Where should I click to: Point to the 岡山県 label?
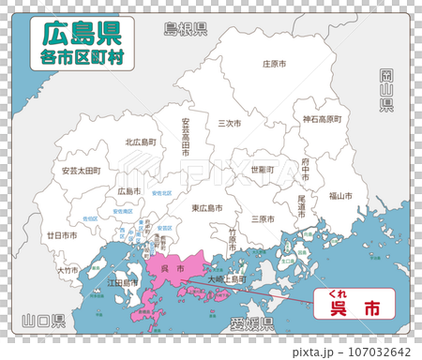[x=385, y=90]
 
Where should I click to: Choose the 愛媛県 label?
[x=250, y=323]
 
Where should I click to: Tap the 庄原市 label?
[x=273, y=65]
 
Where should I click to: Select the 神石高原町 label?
[x=322, y=119]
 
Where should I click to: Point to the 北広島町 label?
[x=141, y=142]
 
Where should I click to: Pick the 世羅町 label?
[x=263, y=170]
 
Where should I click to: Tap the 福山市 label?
[x=340, y=196]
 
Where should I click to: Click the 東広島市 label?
[x=207, y=208]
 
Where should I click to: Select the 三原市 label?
[x=263, y=218]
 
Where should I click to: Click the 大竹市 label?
[x=68, y=270]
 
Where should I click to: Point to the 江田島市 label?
[x=124, y=281]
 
